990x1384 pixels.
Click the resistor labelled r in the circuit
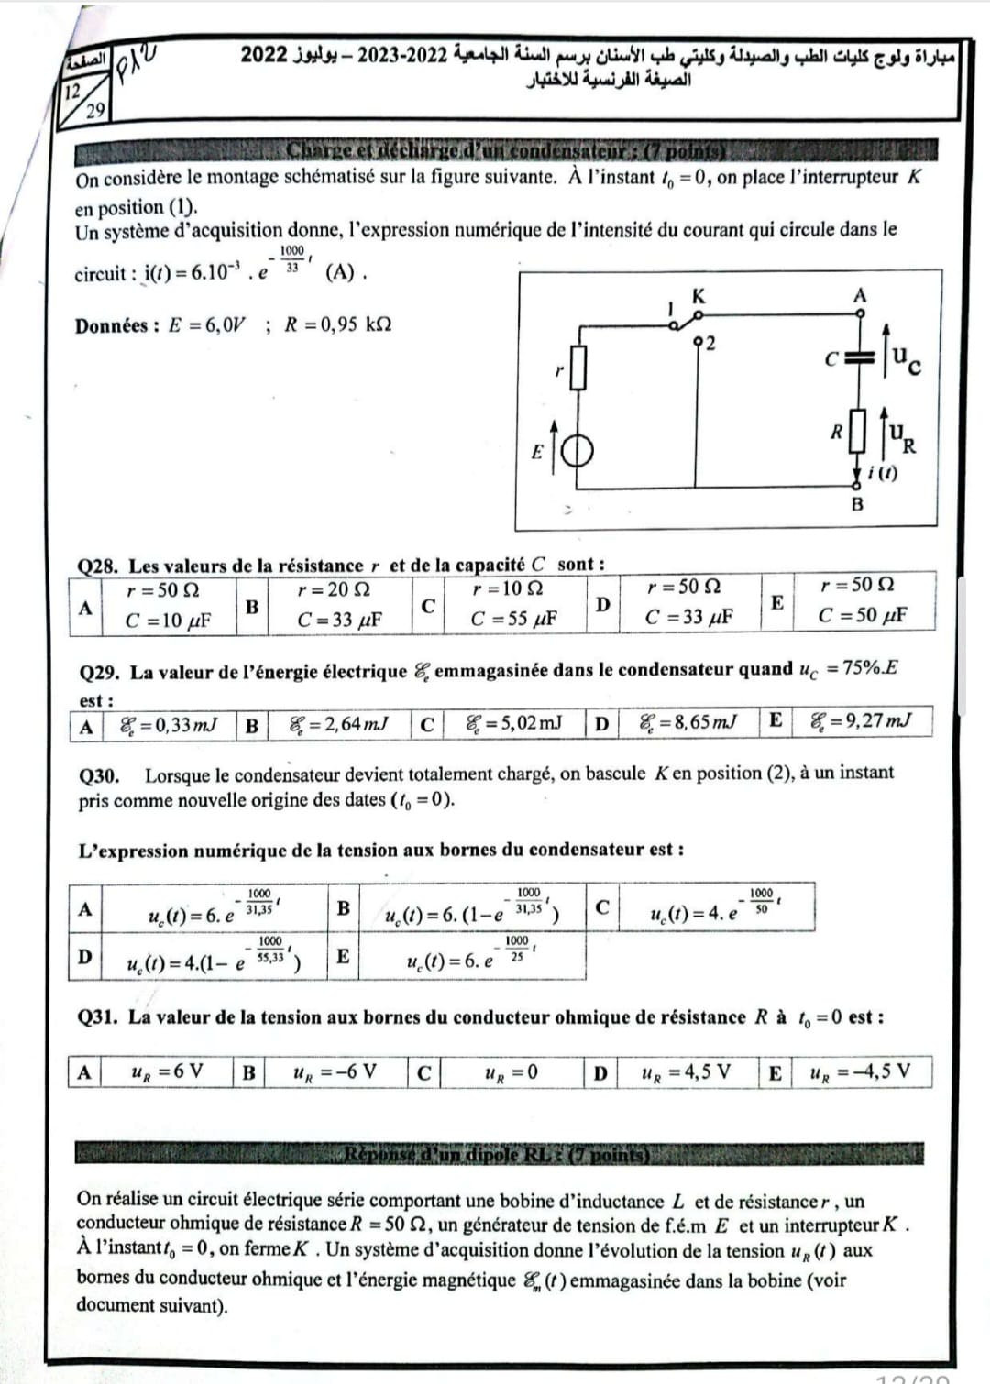click(577, 367)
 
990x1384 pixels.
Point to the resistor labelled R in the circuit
click(858, 432)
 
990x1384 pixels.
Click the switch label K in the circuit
click(698, 296)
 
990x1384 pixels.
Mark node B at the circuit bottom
click(857, 503)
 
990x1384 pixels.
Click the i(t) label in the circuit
click(882, 473)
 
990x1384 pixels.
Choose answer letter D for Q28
click(602, 604)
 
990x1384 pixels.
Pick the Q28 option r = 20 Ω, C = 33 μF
click(339, 605)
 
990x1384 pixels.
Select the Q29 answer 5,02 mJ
click(513, 723)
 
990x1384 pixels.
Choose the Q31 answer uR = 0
click(511, 1071)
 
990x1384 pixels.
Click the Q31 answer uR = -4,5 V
click(861, 1071)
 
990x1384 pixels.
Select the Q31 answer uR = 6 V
click(168, 1071)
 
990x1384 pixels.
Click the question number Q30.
click(99, 775)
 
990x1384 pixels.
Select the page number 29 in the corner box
click(94, 112)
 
